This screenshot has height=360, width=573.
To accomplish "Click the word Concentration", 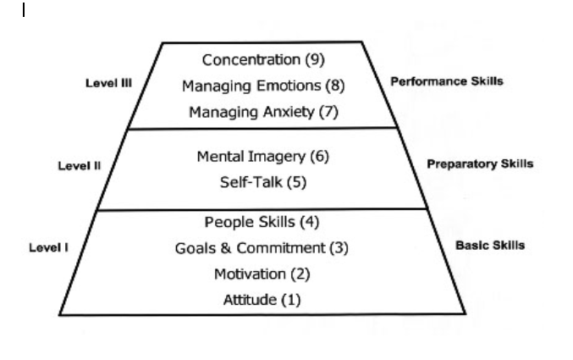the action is [251, 59].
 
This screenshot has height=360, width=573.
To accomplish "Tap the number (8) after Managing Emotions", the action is [335, 86].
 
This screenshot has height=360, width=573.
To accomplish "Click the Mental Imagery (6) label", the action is [263, 157].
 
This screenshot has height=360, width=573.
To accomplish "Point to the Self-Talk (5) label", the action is [263, 182].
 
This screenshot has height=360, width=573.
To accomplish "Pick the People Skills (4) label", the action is [262, 222].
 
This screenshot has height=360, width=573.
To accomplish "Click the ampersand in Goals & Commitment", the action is [226, 248].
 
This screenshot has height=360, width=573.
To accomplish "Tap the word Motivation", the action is [250, 274].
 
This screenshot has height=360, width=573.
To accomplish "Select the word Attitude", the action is [250, 300].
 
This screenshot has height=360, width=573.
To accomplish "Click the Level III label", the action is [108, 83].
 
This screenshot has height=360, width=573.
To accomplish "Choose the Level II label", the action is [80, 166].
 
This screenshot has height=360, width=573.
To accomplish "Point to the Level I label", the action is [48, 247].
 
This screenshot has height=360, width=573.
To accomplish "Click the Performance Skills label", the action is [447, 81].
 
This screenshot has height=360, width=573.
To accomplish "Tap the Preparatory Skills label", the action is [480, 163].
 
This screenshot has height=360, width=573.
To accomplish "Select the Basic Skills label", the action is [490, 245].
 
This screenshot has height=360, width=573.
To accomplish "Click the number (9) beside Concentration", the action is [315, 60].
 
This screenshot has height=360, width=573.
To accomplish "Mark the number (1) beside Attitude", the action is [291, 300].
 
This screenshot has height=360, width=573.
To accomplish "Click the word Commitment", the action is [281, 248].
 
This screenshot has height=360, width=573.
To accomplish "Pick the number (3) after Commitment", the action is [339, 248].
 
